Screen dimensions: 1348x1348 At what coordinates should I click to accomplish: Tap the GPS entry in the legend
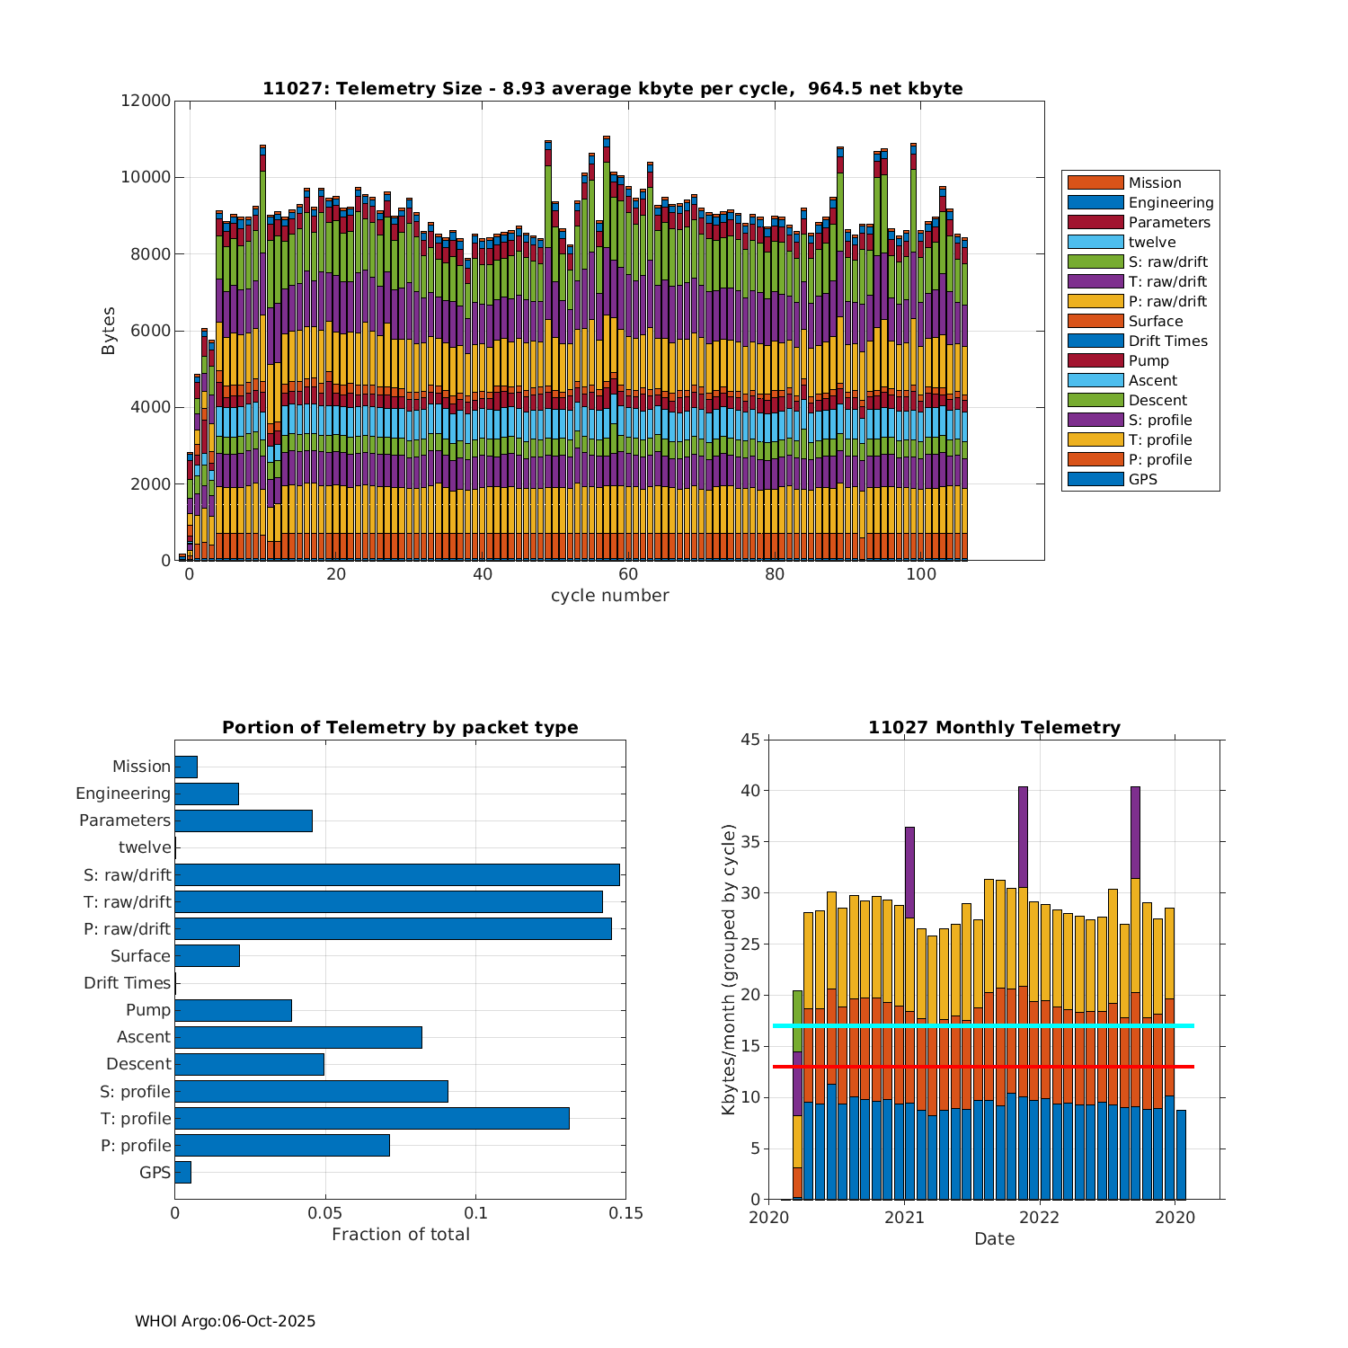1142,479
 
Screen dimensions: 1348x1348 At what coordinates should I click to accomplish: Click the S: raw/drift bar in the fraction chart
397,874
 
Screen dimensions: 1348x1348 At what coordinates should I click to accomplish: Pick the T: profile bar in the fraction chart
372,1118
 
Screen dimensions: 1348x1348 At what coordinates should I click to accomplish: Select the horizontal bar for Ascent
298,1037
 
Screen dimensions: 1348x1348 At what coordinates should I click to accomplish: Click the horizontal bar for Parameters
244,820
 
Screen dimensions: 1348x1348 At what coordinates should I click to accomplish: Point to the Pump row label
148,1010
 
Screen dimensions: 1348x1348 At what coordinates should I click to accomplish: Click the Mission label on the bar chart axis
141,767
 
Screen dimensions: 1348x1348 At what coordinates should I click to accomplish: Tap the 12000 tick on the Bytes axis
146,101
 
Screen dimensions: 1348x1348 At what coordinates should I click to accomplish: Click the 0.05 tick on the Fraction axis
325,1213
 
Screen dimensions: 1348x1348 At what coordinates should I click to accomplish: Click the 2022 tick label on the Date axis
1041,1218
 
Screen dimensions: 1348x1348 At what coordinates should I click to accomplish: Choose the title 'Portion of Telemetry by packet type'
400,727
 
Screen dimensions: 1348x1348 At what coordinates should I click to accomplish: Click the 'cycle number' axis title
609,596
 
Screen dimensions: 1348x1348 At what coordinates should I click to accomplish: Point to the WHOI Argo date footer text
225,1321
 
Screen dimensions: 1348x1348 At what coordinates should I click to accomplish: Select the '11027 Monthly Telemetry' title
994,727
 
